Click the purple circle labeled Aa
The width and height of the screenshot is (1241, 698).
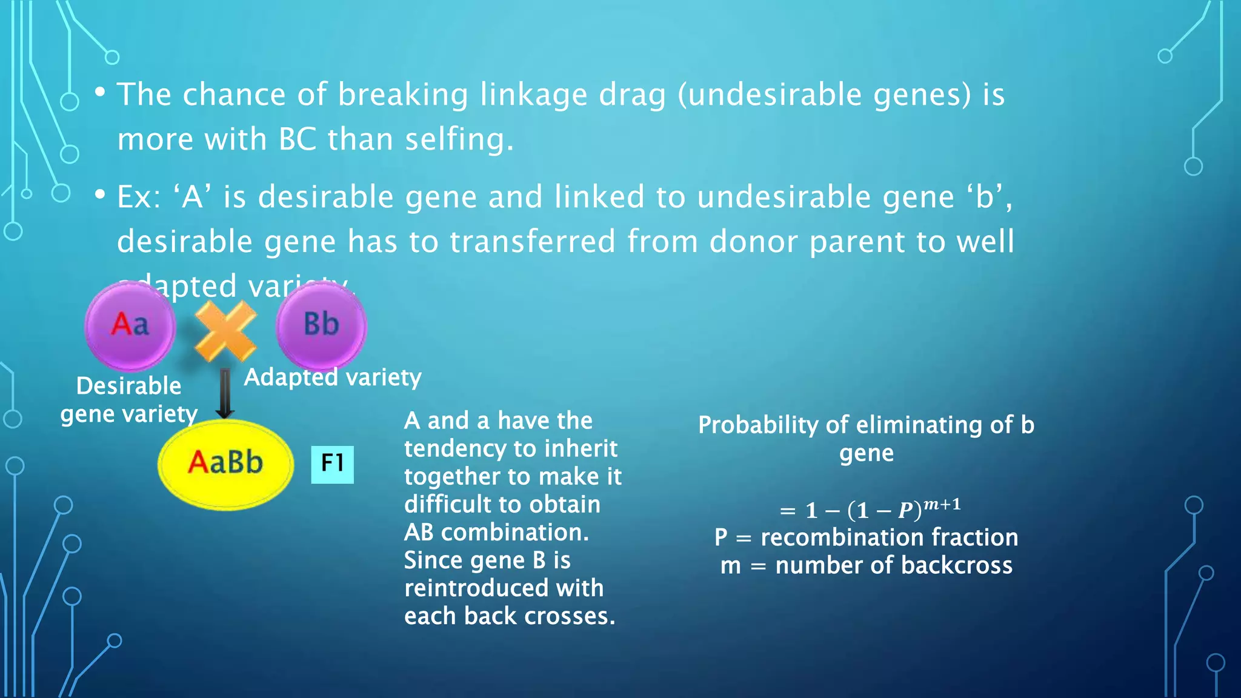pos(130,326)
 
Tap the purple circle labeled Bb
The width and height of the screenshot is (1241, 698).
pos(321,325)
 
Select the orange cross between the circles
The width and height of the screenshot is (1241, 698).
pos(225,331)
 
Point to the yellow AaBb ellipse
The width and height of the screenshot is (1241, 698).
pos(225,464)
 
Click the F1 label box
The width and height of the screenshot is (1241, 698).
pos(332,464)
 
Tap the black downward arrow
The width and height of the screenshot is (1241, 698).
pos(225,394)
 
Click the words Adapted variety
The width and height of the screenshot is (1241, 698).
pos(332,377)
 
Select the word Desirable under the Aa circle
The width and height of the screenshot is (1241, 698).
pos(128,386)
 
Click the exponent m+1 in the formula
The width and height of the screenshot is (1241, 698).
pos(942,504)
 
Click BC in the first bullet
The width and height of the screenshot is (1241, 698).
pos(298,139)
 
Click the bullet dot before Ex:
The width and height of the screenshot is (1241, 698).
pos(100,194)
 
